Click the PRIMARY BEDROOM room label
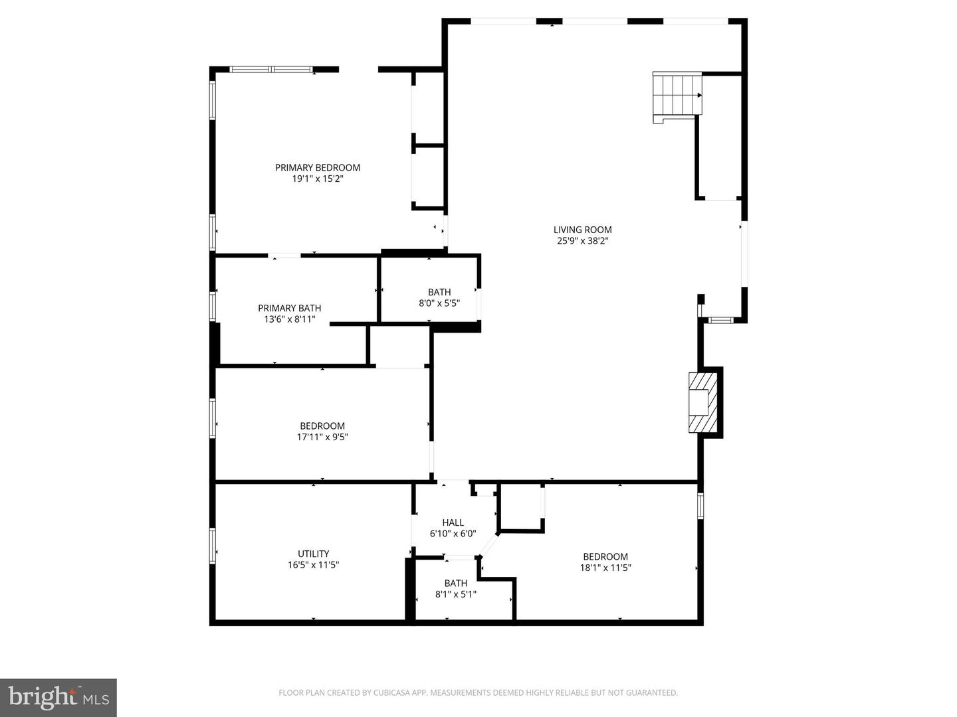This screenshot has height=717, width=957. (318, 167)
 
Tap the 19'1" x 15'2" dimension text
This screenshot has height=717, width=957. (318, 179)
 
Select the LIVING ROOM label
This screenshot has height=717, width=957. (582, 230)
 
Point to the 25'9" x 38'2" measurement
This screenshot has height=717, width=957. (582, 241)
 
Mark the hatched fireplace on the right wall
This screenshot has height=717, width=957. (702, 402)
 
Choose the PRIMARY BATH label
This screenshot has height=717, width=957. (289, 308)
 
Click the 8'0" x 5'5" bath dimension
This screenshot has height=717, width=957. (439, 303)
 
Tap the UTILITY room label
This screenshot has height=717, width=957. (313, 554)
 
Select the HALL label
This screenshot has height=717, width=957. (453, 522)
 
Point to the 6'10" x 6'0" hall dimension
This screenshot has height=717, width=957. (453, 533)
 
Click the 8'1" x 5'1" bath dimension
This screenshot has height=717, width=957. (455, 594)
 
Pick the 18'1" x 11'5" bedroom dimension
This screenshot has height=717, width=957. (605, 568)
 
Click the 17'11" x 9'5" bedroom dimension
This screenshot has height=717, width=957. (322, 437)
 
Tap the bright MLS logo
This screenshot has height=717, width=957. (58, 697)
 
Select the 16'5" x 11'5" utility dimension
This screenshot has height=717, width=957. (313, 565)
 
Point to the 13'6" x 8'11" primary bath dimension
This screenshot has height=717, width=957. (289, 319)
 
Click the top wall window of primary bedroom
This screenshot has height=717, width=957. (270, 69)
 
